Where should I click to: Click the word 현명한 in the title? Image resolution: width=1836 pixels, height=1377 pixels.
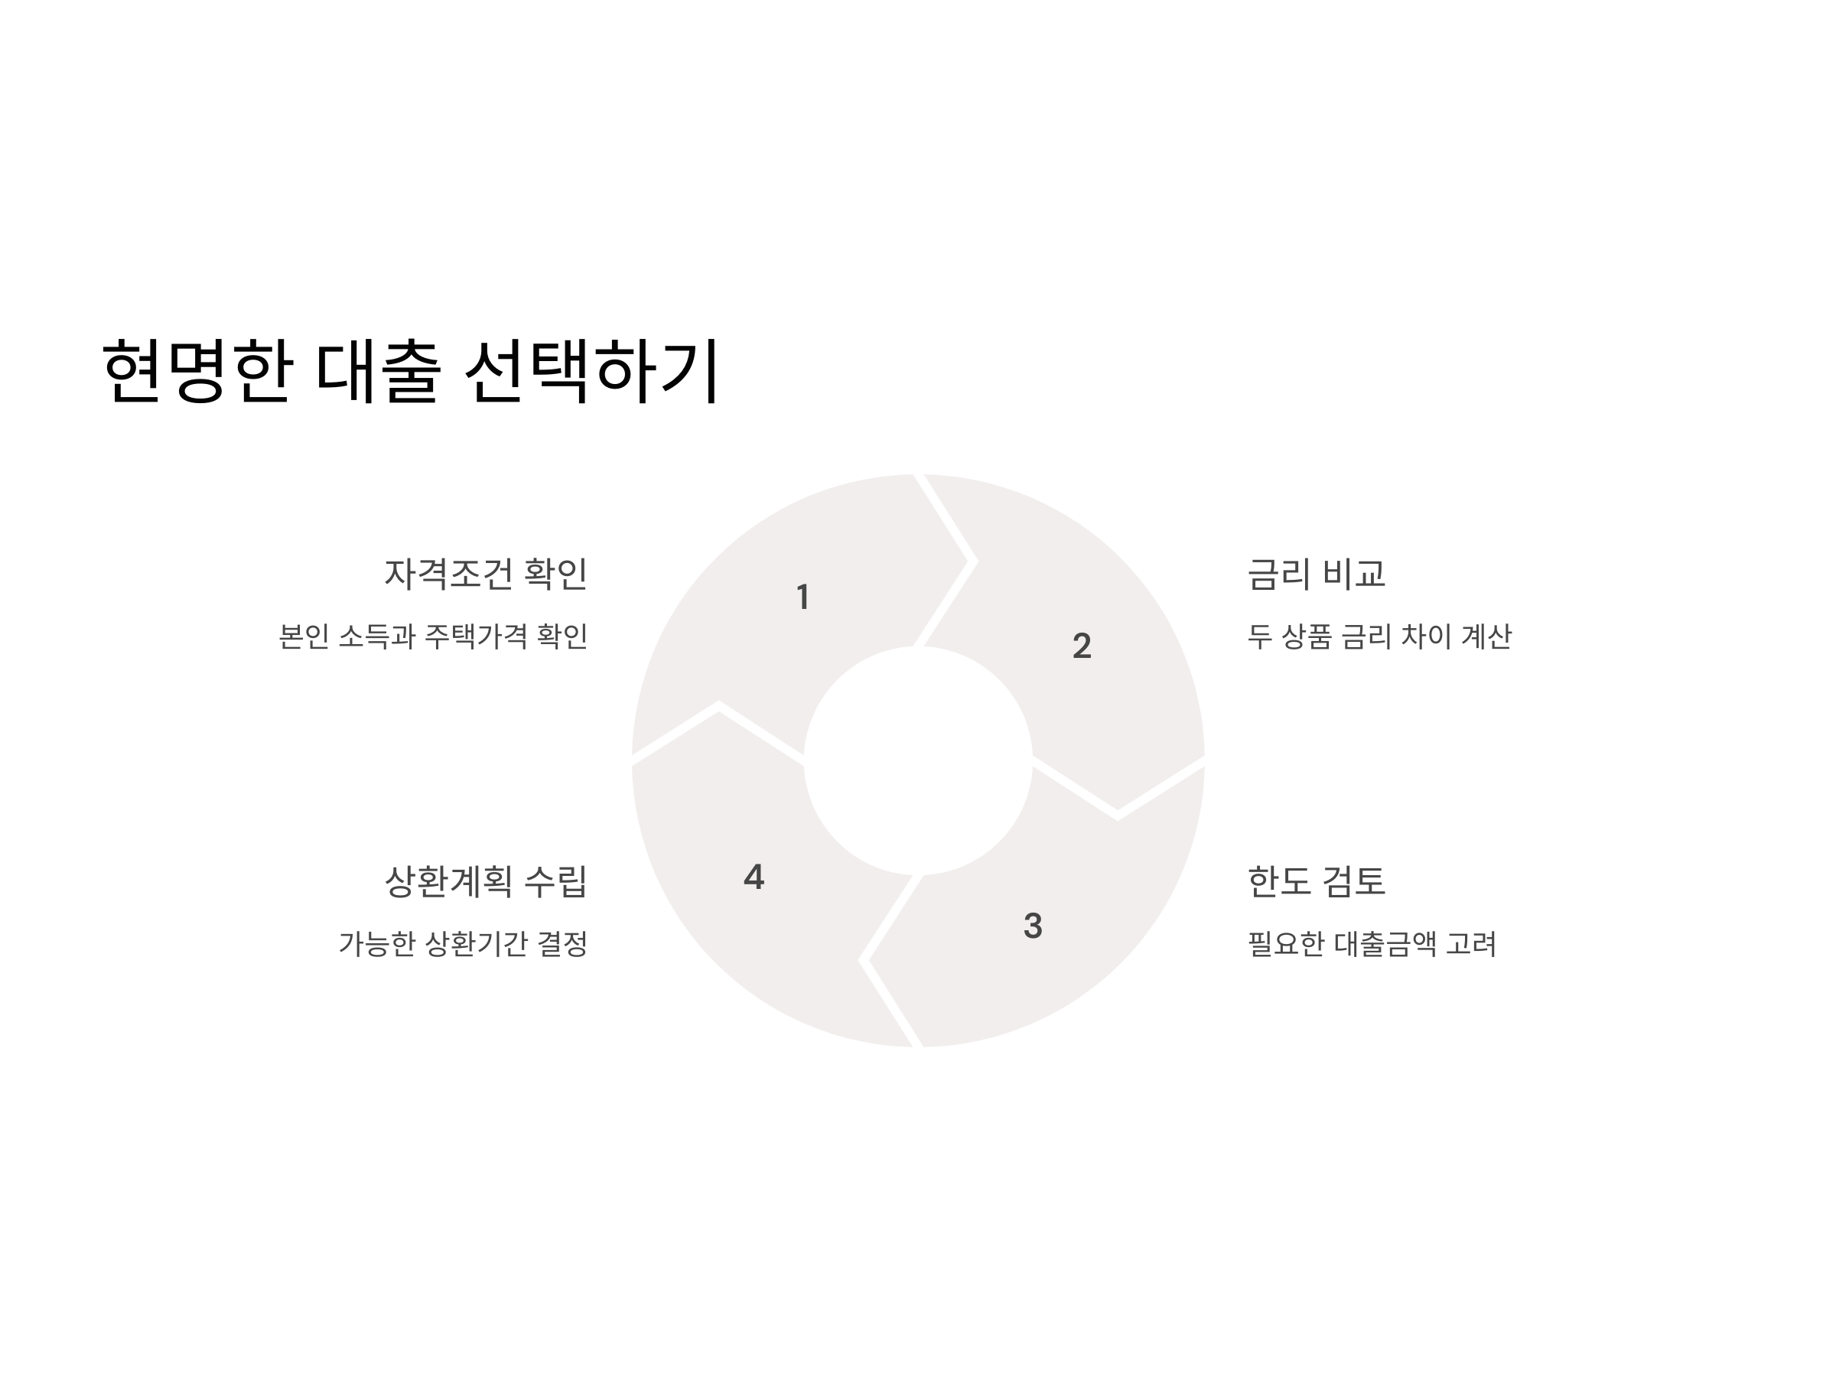(197, 370)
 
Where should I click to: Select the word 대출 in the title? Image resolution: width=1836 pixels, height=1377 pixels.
(378, 370)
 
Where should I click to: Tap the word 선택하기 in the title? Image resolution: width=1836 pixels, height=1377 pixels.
(591, 370)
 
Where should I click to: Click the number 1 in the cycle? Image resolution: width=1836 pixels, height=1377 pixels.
(802, 597)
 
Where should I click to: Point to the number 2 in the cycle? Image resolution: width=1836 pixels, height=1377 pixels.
(1082, 646)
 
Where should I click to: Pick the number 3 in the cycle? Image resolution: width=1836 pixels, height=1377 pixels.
(1033, 926)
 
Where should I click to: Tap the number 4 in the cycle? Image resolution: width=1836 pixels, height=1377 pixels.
(754, 877)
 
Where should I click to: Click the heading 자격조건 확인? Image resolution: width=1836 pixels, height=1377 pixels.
(486, 574)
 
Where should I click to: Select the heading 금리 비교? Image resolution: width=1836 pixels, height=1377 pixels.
(1317, 574)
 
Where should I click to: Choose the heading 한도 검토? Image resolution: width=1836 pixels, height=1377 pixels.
(1317, 881)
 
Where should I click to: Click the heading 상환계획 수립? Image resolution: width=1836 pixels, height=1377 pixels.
(486, 881)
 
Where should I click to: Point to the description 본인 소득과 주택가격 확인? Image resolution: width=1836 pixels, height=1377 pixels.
(433, 636)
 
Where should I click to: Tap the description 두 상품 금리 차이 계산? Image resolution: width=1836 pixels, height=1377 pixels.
(1379, 636)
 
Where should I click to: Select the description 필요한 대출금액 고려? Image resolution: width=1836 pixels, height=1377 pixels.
(1372, 944)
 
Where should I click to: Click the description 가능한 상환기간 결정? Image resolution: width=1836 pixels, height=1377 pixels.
(463, 944)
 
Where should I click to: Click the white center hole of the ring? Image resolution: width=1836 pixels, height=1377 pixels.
(918, 760)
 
